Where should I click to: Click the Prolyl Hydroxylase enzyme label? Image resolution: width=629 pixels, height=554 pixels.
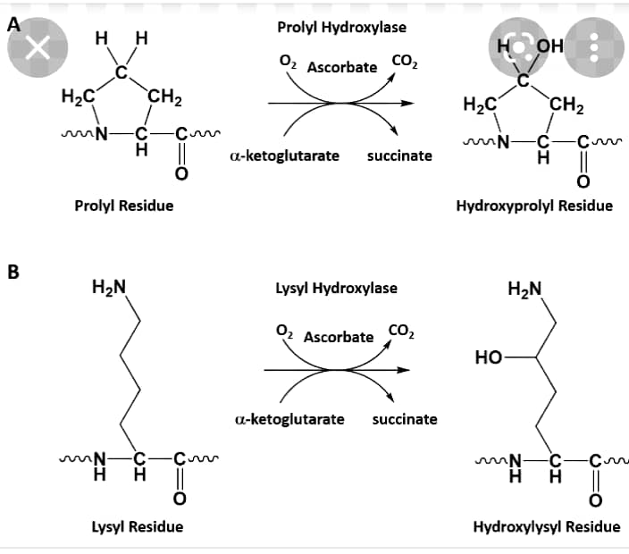342,28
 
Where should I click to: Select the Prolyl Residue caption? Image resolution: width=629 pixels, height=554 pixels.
123,206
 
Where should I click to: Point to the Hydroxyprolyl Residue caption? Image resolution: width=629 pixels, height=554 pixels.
534,206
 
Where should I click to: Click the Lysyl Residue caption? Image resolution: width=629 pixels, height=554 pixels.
138,526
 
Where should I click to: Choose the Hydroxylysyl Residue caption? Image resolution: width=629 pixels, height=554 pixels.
547,526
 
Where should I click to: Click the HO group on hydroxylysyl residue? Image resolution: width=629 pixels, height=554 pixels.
490,358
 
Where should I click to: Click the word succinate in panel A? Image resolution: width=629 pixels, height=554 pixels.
399,155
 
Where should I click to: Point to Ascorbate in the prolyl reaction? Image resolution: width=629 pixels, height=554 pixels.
342,67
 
